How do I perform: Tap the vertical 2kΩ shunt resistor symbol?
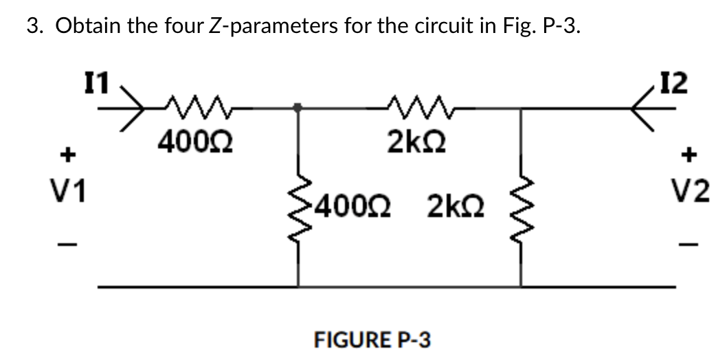(x=520, y=203)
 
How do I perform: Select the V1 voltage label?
(x=66, y=192)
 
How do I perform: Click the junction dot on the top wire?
(x=298, y=107)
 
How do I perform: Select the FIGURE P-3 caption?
(x=372, y=339)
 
